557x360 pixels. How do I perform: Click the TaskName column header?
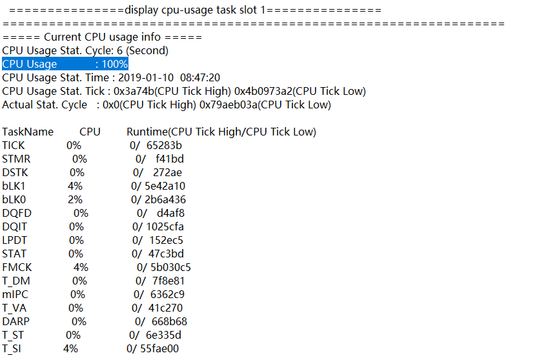click(x=28, y=132)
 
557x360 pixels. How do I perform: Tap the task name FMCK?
click(x=17, y=267)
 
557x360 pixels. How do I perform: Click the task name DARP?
click(x=17, y=321)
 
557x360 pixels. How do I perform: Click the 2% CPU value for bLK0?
click(x=75, y=200)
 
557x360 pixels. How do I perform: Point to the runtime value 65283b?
click(x=164, y=146)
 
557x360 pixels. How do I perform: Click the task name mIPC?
click(x=16, y=294)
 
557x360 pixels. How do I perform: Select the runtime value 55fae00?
click(x=161, y=348)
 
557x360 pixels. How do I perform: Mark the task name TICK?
click(x=14, y=146)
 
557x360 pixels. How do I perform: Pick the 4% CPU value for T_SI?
click(x=70, y=348)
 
